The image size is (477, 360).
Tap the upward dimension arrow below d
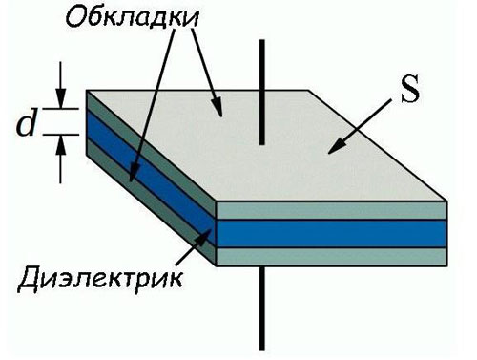tap(60, 162)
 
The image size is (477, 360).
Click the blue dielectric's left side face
tap(153, 163)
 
